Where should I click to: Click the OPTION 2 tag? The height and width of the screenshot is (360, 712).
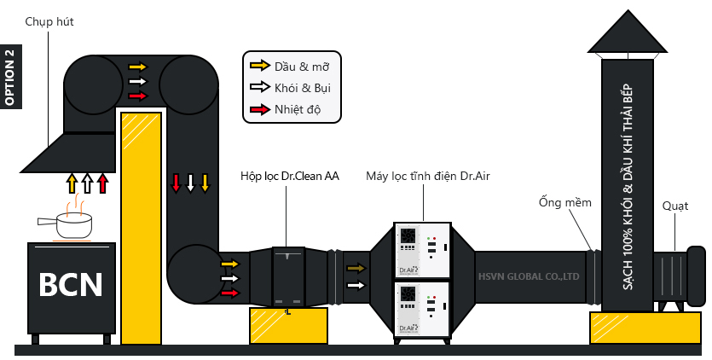11,77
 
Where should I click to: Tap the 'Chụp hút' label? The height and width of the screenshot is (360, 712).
49,22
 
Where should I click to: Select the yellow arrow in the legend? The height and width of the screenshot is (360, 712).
260,66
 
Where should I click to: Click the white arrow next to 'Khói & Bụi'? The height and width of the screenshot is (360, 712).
260,87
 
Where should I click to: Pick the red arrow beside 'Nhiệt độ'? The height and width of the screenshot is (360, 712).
260,109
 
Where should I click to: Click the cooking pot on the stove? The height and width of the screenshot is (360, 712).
66,226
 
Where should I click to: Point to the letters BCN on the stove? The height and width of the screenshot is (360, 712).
71,285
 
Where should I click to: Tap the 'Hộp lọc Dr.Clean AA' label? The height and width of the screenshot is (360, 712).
290,176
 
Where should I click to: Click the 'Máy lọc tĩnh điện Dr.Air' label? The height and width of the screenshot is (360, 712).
428,176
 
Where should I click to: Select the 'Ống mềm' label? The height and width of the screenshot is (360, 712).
564,201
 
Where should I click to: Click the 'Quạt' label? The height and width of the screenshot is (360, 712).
674,206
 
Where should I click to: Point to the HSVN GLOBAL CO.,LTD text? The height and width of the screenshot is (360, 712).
529,276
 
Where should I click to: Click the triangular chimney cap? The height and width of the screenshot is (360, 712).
628,32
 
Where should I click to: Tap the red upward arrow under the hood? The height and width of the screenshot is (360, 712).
103,183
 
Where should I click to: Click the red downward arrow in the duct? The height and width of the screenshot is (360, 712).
176,183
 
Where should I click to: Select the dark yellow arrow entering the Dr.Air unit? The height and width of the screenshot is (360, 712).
356,268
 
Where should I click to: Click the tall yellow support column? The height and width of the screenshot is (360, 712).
142,228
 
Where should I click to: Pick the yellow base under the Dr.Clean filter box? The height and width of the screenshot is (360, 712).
288,326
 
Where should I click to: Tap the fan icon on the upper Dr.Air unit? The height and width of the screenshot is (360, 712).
408,236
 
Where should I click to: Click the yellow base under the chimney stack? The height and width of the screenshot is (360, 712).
645,328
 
